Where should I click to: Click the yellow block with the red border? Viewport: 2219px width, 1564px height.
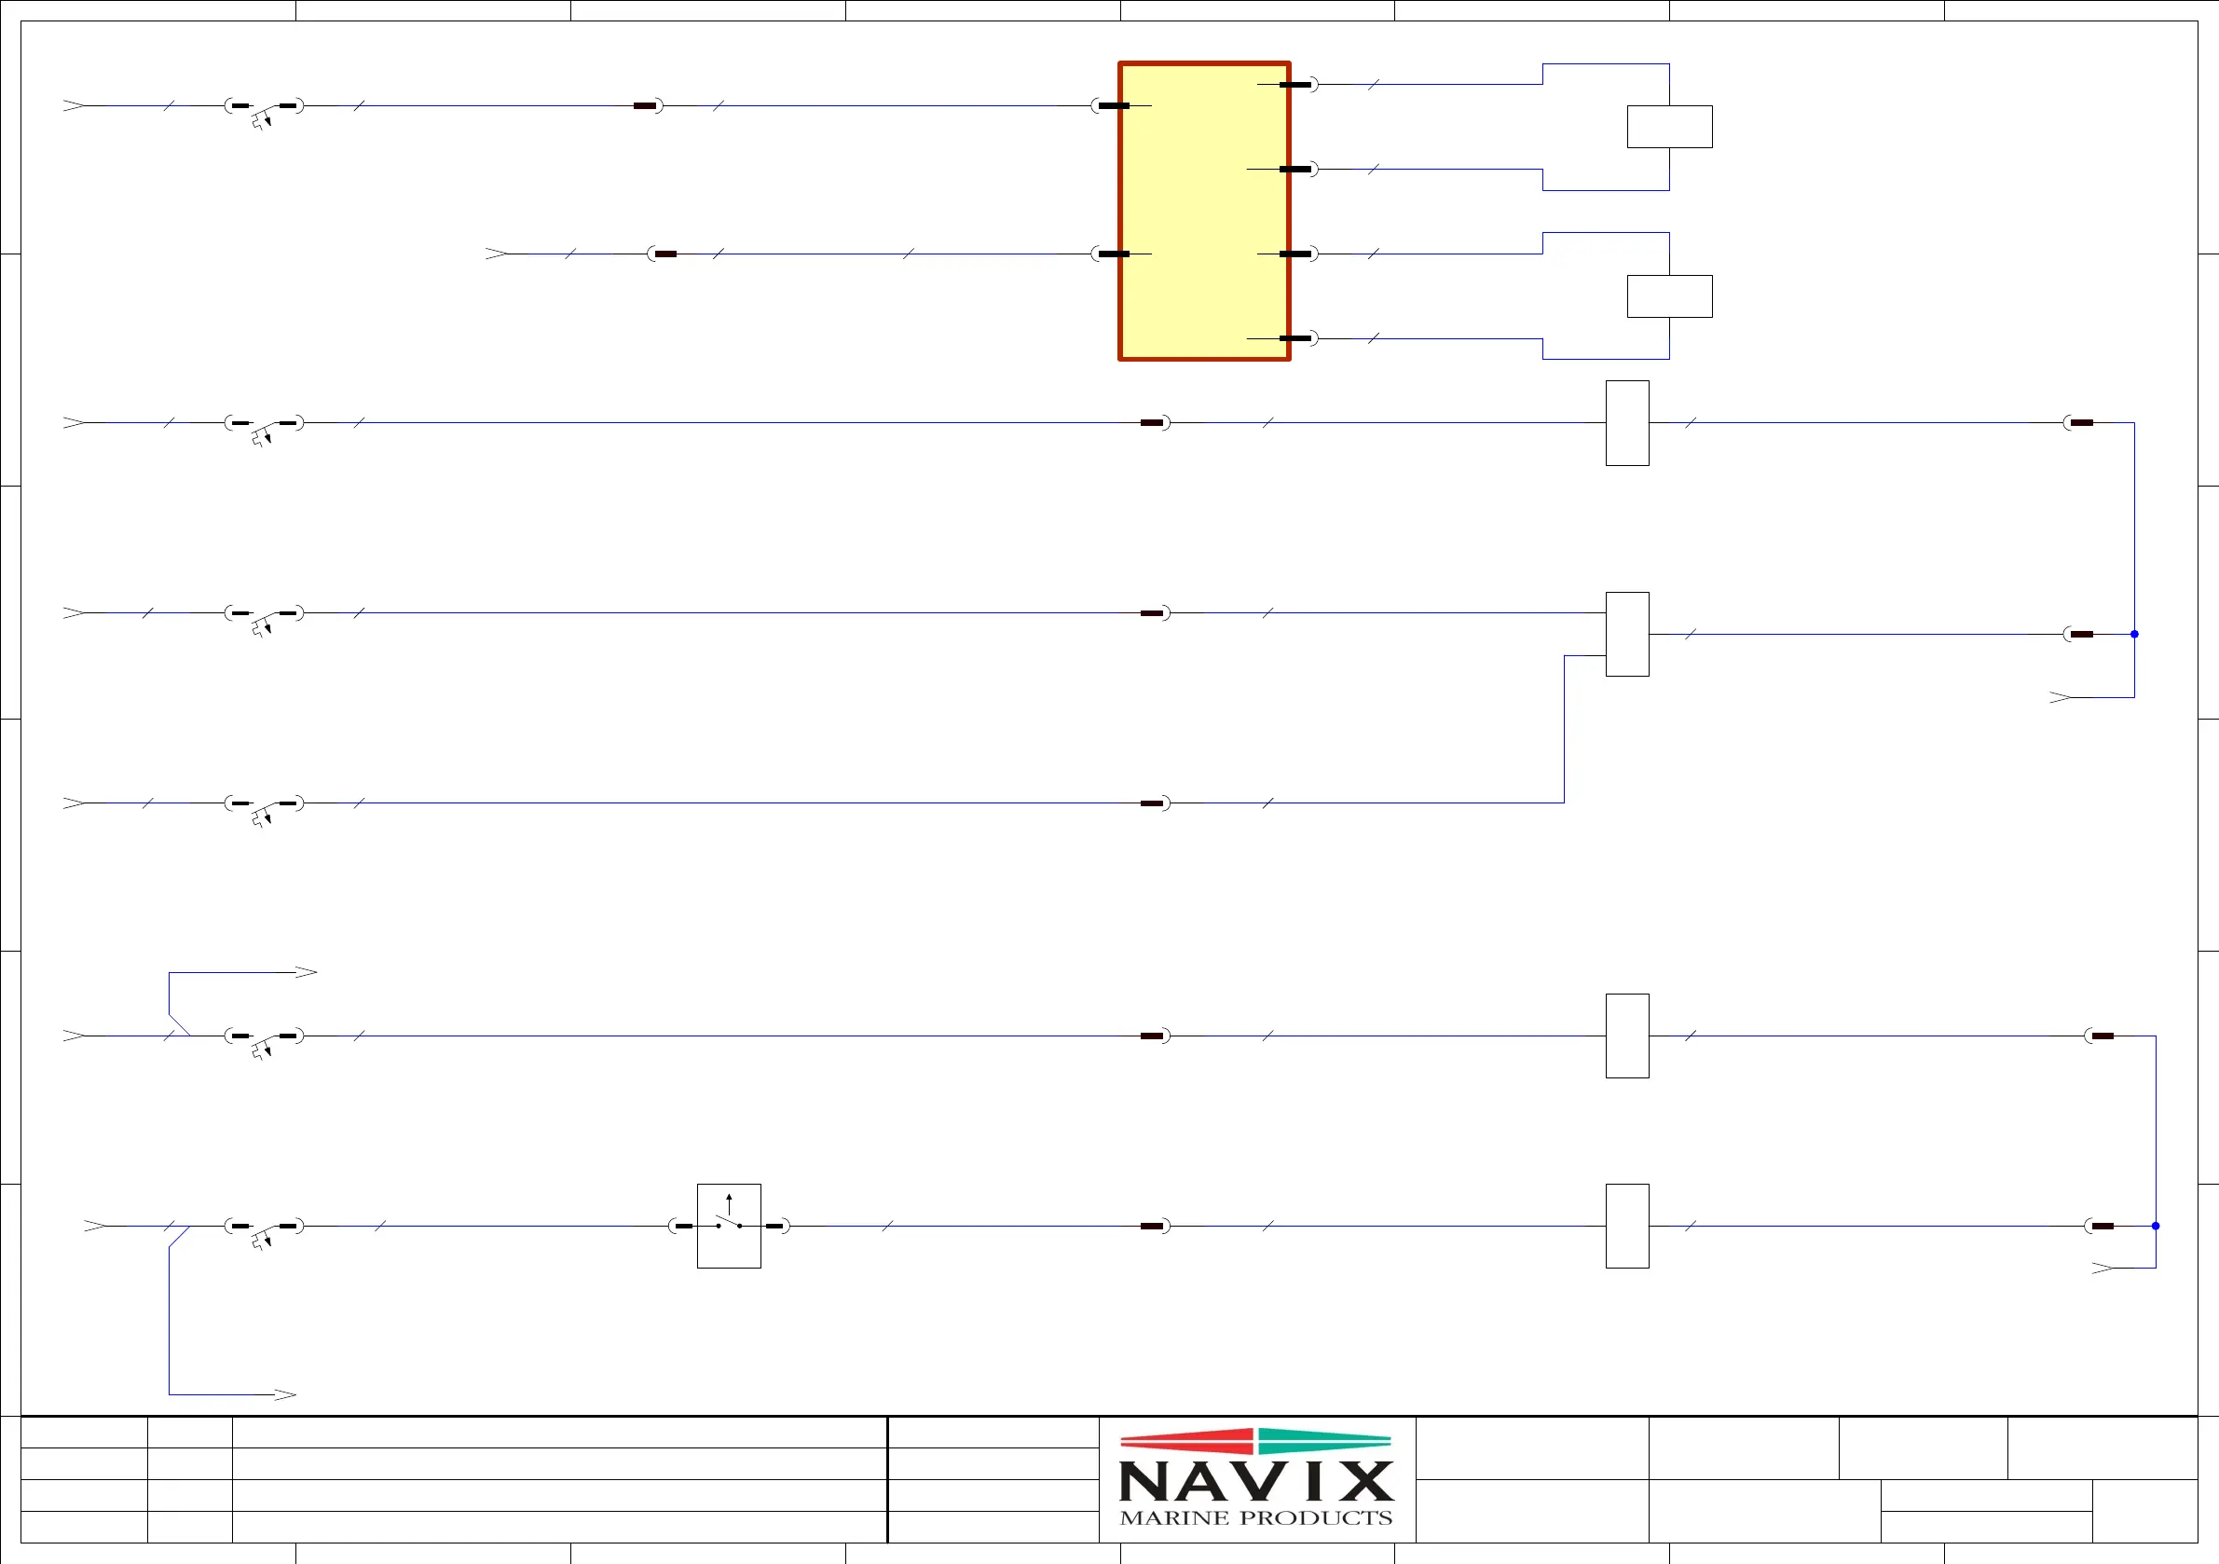(1204, 211)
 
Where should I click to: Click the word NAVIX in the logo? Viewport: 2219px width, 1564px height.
(1255, 1480)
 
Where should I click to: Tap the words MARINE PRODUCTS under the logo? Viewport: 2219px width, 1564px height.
(1255, 1517)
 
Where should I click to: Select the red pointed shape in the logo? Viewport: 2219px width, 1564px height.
(1186, 1441)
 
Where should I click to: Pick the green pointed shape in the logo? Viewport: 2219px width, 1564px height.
(1324, 1441)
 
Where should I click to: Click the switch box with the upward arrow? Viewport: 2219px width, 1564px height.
(729, 1226)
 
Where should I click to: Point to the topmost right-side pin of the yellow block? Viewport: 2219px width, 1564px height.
(1295, 85)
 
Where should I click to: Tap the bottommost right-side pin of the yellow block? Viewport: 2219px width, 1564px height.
(1295, 338)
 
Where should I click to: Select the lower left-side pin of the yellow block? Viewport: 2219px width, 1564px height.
(1115, 254)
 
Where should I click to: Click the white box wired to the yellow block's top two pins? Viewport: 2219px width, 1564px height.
(1669, 127)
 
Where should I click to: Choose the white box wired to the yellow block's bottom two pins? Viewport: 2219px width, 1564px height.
(1669, 295)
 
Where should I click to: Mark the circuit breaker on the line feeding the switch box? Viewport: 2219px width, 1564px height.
(264, 1228)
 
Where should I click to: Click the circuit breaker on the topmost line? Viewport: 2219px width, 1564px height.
(264, 107)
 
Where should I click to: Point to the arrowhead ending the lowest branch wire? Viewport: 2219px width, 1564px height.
(285, 1393)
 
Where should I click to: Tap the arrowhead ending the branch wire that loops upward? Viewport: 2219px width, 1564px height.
(307, 972)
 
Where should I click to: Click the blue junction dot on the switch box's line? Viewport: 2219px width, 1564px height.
(2156, 1226)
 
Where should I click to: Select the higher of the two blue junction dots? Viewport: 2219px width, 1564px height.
(2134, 634)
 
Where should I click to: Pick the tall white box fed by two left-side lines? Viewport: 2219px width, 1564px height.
(1626, 634)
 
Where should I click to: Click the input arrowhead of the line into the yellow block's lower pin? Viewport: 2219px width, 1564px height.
(495, 254)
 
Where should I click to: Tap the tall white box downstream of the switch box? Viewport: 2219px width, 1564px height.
(1626, 1226)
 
